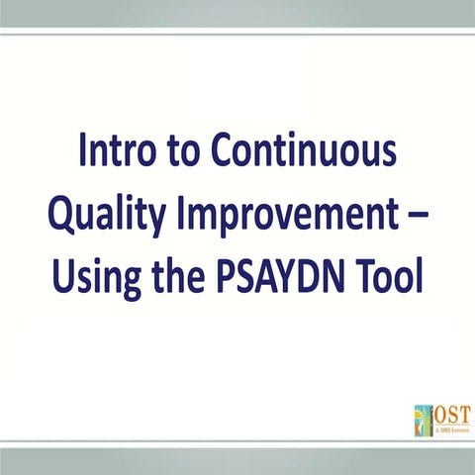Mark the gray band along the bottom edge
(237, 461)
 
